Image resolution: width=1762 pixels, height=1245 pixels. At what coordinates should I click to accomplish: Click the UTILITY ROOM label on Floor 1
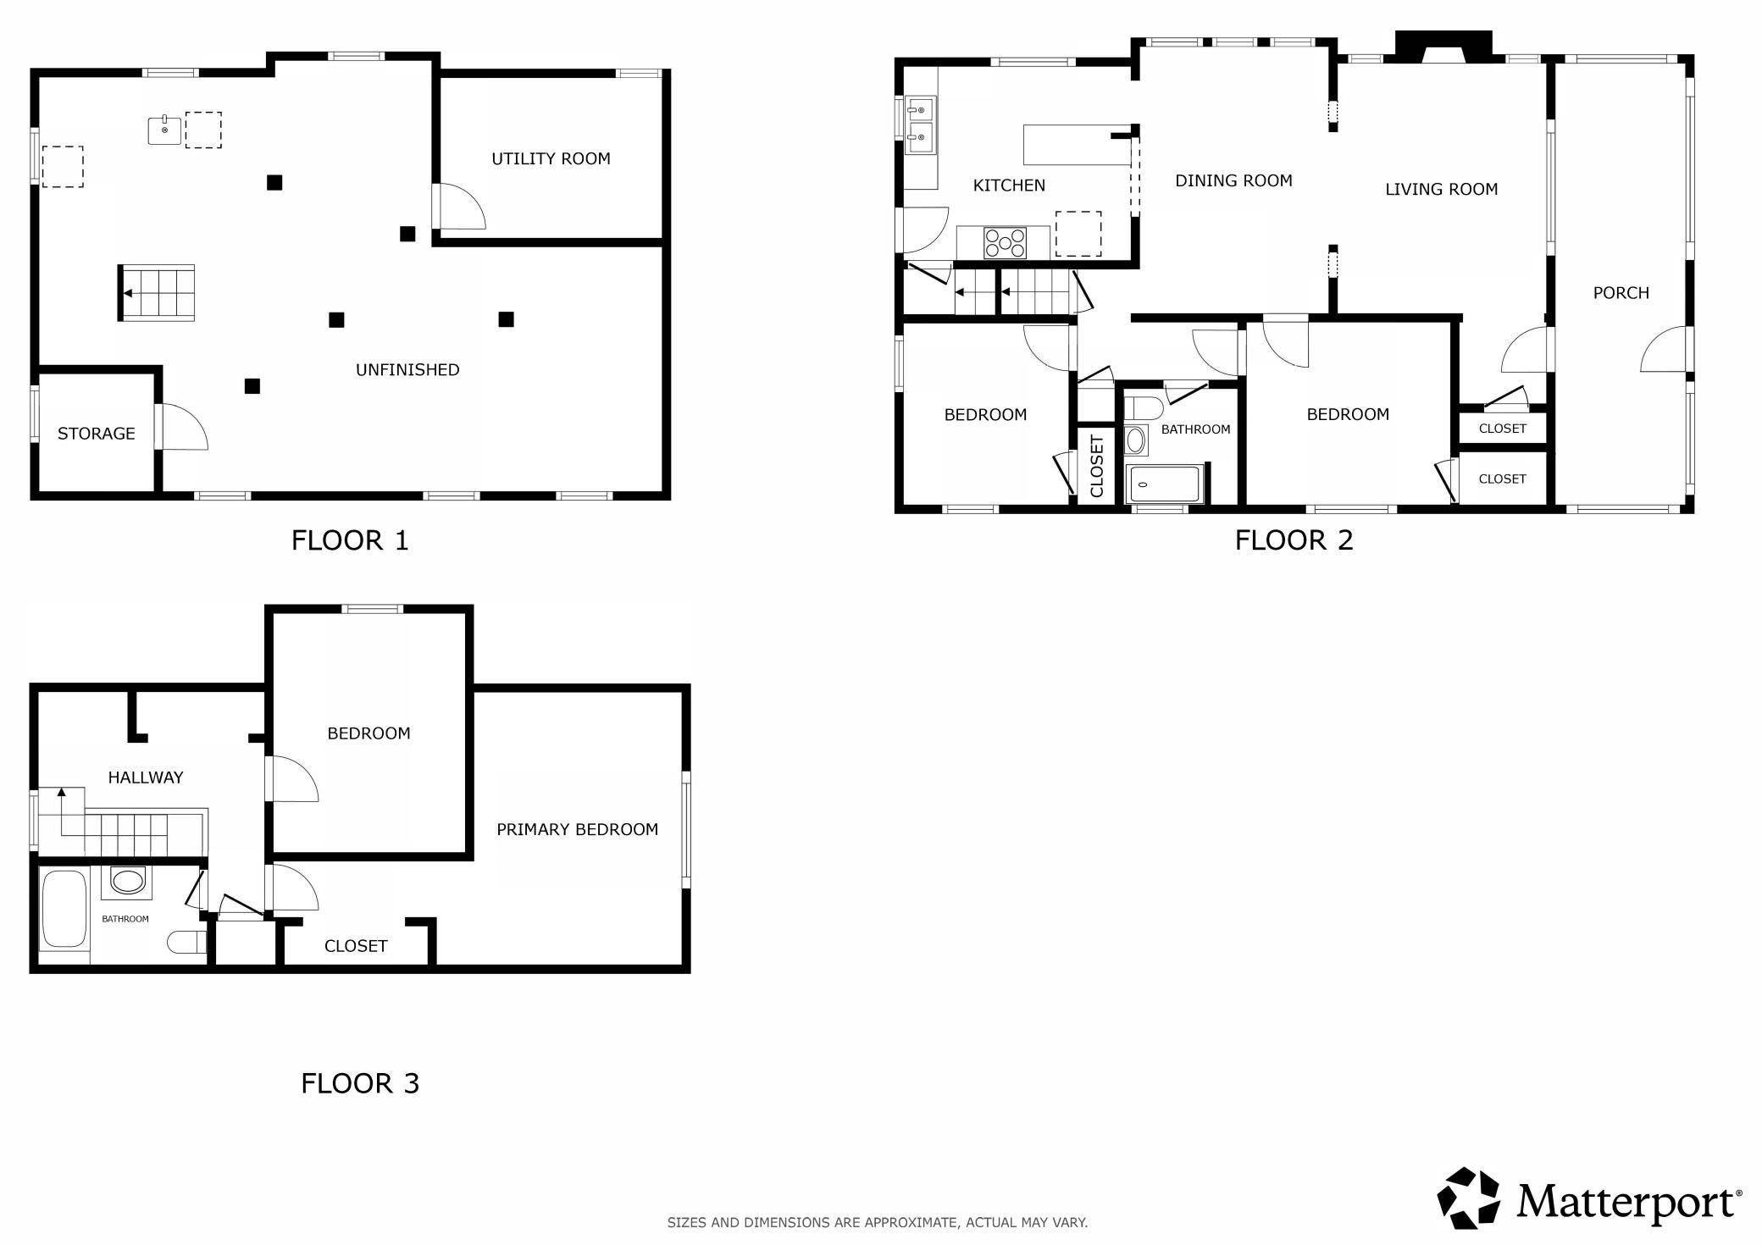pos(551,158)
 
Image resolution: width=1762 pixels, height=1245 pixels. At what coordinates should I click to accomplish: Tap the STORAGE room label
pos(96,434)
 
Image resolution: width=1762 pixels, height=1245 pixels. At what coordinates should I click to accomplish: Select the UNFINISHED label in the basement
pos(407,369)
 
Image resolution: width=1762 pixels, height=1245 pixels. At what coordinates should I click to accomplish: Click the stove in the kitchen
pos(1005,243)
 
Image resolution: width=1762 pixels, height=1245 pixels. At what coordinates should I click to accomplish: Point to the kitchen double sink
pos(920,125)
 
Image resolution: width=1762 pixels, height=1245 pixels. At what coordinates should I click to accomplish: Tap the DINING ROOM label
pos(1233,180)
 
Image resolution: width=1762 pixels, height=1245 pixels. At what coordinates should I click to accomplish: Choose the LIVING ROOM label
pos(1441,190)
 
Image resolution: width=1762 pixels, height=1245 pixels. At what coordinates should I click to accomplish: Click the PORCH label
pos(1621,293)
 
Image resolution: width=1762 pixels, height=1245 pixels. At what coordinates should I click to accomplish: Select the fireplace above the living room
pos(1443,47)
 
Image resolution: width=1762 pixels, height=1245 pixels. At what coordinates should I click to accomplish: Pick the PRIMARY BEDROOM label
pos(577,830)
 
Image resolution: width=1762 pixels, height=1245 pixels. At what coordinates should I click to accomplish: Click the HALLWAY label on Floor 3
pos(146,777)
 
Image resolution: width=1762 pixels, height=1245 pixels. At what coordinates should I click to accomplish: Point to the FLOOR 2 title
pos(1294,540)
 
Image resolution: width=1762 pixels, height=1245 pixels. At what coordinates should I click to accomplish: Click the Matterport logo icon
pos(1468,1198)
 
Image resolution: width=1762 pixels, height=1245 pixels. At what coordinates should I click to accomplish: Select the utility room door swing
pos(461,207)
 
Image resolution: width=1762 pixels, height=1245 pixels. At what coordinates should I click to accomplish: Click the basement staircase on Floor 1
pos(156,293)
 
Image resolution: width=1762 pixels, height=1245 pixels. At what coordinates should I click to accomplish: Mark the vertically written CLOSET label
pos(1096,466)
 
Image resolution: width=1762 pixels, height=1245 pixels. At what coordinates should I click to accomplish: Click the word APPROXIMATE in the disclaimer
pos(916,1222)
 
